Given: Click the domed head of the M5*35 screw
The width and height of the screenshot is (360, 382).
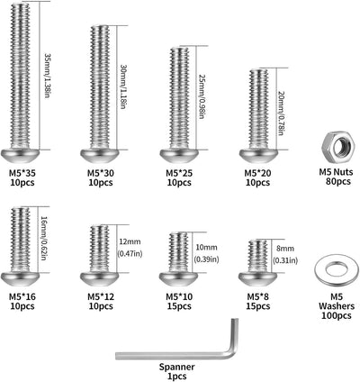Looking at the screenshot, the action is point(20,157).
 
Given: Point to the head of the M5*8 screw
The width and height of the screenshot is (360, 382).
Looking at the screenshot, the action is point(258,279).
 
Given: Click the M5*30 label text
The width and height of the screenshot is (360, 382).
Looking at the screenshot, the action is point(101,173).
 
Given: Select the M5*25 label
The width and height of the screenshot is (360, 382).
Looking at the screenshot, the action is point(179,173).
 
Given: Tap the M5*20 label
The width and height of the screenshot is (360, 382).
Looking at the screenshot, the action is point(257,173).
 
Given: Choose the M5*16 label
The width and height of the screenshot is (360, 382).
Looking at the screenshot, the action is point(22,296).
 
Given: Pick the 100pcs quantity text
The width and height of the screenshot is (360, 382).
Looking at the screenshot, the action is point(337,315).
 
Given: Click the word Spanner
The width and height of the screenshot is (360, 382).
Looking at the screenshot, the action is point(177,367).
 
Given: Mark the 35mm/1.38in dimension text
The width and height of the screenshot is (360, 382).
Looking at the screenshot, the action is point(48,77).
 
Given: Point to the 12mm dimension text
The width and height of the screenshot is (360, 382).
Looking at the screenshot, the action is point(130,241).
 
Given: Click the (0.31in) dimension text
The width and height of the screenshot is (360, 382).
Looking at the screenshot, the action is point(285,260).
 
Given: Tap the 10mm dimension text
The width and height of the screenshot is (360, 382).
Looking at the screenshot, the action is point(206,248).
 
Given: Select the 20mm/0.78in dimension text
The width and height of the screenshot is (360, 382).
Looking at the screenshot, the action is point(281,113).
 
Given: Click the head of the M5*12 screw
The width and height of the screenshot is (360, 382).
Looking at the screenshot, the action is point(101,279).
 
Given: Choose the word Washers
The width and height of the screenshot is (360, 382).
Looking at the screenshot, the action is point(337,306).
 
